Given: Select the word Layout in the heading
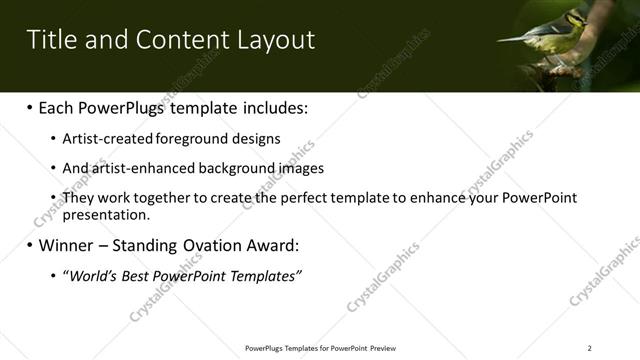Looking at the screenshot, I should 278,40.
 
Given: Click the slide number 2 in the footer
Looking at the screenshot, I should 589,348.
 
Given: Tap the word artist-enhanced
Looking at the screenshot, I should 133,168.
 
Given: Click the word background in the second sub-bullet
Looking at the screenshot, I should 229,168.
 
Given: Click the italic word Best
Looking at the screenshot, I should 138,274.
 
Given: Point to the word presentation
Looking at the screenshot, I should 106,214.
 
